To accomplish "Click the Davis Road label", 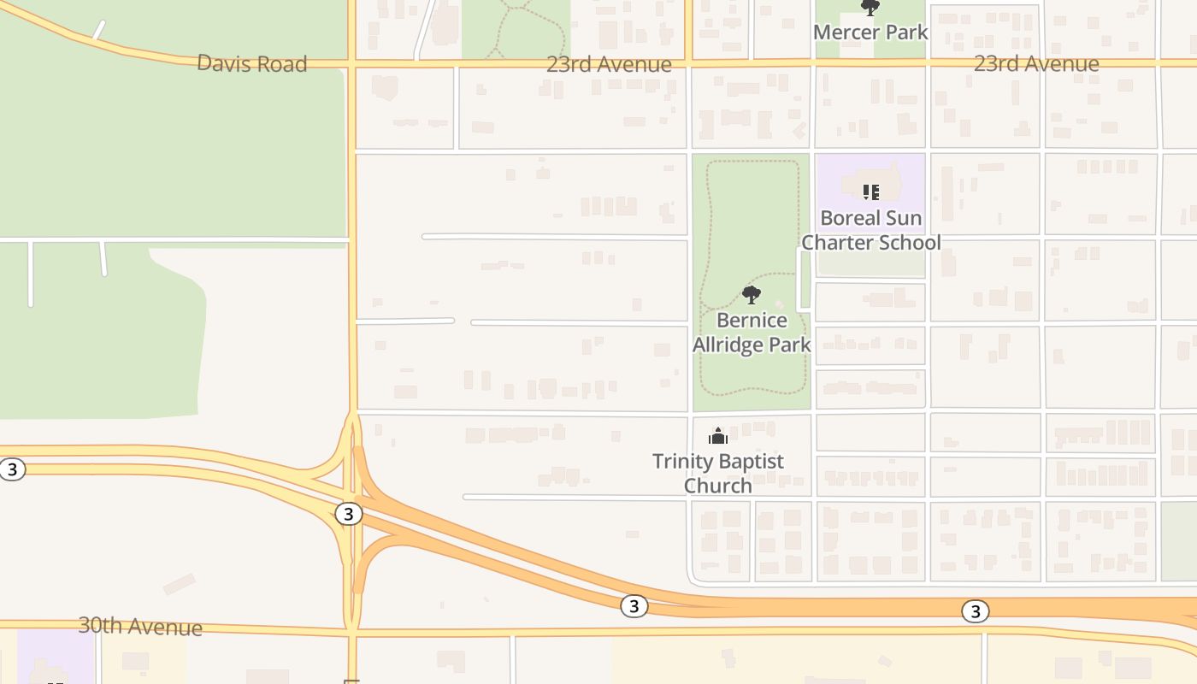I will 251,63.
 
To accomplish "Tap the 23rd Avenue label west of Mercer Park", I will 609,64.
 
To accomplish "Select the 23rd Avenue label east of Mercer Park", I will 1036,63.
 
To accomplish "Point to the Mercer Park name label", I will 870,32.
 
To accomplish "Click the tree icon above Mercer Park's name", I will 870,9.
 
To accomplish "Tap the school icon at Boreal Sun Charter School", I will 870,192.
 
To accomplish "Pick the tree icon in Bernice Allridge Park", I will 752,296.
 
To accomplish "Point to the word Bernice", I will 752,321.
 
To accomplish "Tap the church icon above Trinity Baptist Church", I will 718,436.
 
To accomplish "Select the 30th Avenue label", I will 140,626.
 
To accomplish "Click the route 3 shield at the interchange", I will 347,514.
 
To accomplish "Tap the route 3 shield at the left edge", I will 12,469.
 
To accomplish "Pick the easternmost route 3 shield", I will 975,611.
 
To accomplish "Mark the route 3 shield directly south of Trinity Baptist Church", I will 633,606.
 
